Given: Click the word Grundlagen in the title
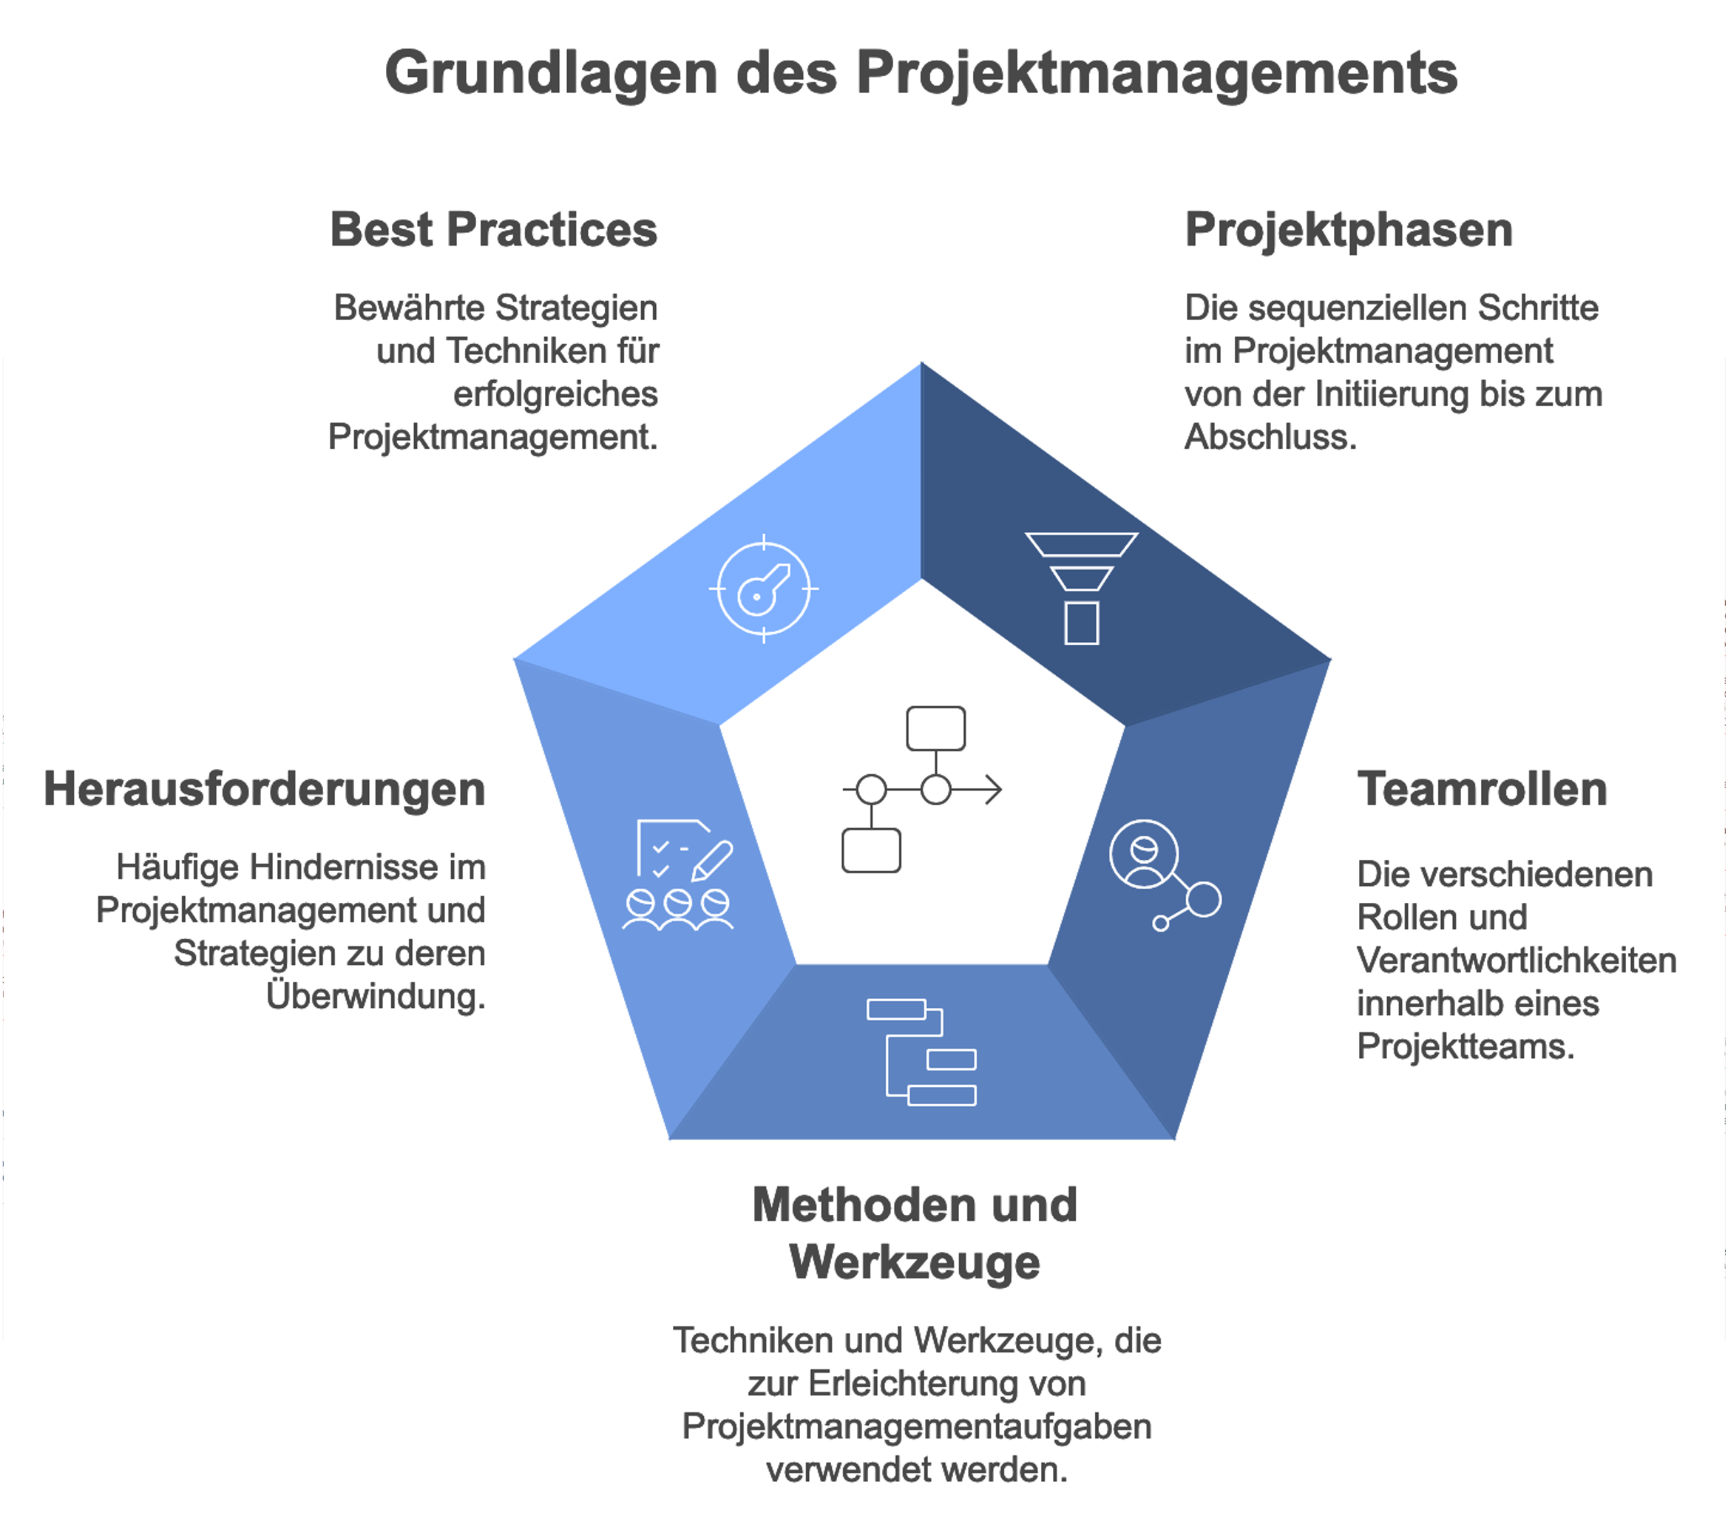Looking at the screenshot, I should click(550, 73).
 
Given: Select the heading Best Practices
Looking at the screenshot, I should click(493, 230).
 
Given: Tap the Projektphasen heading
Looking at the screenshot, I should click(1349, 230).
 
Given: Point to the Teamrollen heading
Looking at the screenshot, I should click(1481, 790).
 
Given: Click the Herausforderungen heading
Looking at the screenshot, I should click(265, 790).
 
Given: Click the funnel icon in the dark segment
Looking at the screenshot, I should click(1081, 589).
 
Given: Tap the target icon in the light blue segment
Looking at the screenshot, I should click(763, 589).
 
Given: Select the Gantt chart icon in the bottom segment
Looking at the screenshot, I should click(922, 1053).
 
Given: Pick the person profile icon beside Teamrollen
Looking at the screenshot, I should click(1144, 855).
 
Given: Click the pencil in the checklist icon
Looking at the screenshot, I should click(712, 860).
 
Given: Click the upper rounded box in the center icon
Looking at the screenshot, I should click(935, 728).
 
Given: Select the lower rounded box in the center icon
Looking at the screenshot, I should click(871, 850).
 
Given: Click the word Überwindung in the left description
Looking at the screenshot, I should click(376, 996).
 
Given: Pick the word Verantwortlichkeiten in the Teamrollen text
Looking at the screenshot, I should click(1516, 961).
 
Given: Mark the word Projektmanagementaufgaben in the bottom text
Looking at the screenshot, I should click(916, 1426).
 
